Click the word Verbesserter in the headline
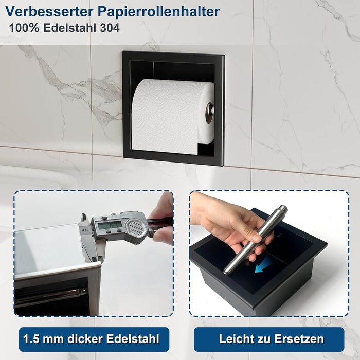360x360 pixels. [49, 11]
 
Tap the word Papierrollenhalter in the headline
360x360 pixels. [158, 12]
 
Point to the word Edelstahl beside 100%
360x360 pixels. [70, 28]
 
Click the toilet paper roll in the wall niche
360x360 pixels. [173, 116]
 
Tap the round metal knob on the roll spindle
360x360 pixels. [210, 113]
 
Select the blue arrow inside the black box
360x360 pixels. [264, 264]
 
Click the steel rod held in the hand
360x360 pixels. [255, 240]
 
